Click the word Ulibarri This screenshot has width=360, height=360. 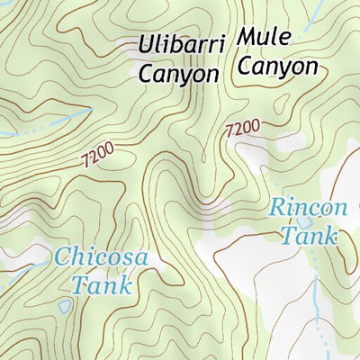click(178, 44)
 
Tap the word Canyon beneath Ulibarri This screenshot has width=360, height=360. click(178, 73)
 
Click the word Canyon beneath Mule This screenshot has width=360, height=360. click(278, 67)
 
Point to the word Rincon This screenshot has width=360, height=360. click(308, 208)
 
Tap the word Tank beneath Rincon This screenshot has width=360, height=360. click(308, 237)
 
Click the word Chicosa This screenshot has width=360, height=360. click(101, 257)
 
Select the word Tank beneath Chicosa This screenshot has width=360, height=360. click(101, 286)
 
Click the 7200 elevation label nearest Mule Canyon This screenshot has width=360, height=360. click(243, 129)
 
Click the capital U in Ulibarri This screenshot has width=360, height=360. click(146, 44)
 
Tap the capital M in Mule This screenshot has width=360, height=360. click(247, 39)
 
